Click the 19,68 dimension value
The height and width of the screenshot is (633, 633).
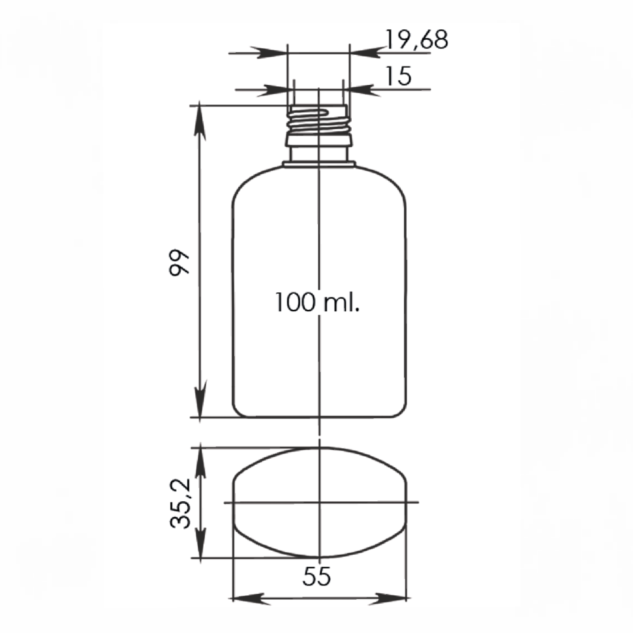pos(416,40)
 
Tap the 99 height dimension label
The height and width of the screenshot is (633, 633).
pos(179,262)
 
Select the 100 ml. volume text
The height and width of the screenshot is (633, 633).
pos(317,302)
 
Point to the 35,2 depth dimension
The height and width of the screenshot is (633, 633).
pos(180,503)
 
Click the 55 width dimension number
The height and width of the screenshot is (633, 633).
pos(316,576)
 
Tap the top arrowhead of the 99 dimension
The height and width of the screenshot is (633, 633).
pos(200,122)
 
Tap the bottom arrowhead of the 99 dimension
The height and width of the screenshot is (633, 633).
pos(200,399)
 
